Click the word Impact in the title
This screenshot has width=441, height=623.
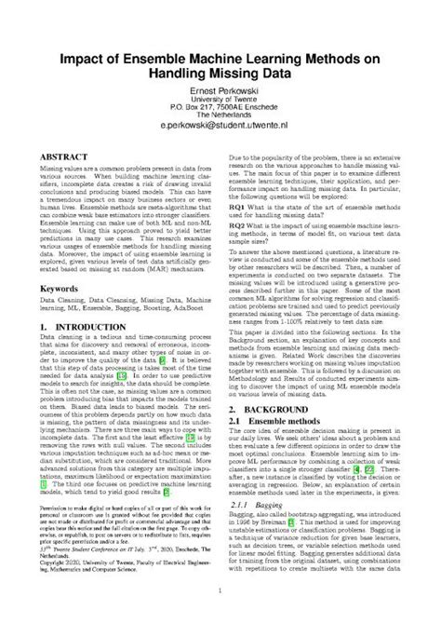click(84, 58)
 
